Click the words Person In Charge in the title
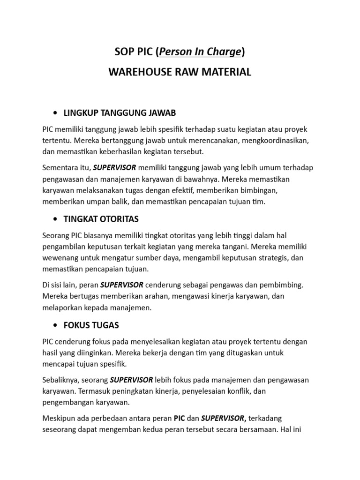tap(200, 52)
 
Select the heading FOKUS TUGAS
tap(91, 325)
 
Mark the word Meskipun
tap(61, 418)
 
